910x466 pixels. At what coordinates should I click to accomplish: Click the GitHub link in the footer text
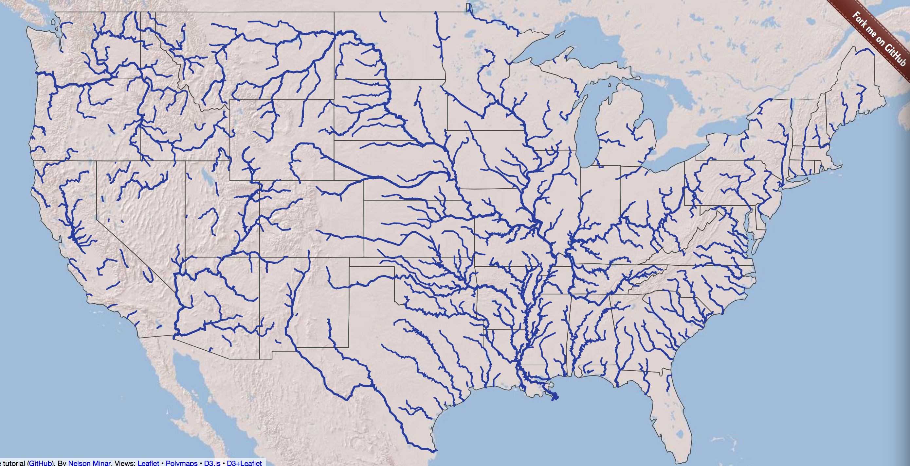40,463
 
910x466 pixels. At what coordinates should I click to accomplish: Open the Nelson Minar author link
89,463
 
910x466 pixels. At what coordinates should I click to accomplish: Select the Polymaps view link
182,463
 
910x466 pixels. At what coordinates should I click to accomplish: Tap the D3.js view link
212,463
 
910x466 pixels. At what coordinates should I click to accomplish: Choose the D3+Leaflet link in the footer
244,463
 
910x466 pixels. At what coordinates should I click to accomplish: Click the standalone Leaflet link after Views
148,463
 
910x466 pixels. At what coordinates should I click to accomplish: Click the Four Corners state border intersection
260,257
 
